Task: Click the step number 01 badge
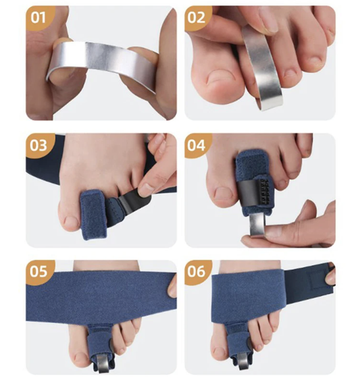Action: [38, 18]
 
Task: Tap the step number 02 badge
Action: [197, 18]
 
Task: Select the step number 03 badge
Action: [38, 146]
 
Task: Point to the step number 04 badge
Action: [197, 146]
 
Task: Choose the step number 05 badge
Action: [38, 272]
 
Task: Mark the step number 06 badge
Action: [197, 272]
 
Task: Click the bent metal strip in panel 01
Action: [102, 58]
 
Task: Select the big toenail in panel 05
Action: [82, 359]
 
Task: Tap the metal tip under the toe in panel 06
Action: [243, 362]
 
